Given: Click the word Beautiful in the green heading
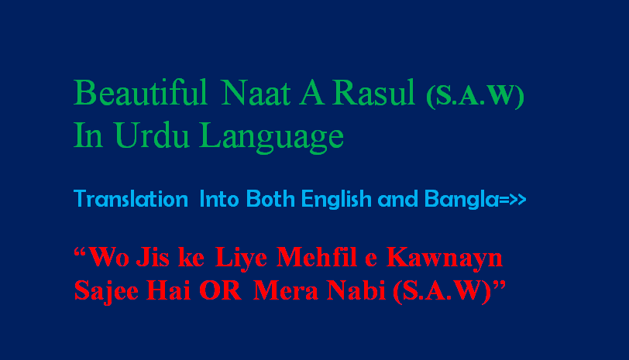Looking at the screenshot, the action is coord(140,92).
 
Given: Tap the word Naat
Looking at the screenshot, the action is coord(256,93).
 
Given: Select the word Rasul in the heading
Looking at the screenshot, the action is coord(373,93).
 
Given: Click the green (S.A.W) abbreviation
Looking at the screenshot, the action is coord(475,96).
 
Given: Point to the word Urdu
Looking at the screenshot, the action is coord(151,135).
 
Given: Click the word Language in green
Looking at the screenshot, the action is coord(272,138).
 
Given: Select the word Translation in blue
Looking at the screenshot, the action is coord(131,199).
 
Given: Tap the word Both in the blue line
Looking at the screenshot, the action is coord(270,199).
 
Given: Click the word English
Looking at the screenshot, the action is coord(336,199).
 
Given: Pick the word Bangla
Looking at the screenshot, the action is coord(462,199).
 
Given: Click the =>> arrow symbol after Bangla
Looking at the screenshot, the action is coord(512,199).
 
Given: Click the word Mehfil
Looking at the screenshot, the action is coord(317,256).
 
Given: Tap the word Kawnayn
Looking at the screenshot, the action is coord(445,259).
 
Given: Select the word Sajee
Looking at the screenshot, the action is coord(106,290).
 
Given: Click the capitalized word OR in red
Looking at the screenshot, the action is coord(220,290).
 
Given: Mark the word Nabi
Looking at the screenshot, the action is coord(356,290).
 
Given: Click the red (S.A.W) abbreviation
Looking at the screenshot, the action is coord(442,291).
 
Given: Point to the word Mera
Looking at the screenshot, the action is coord(286,290).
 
